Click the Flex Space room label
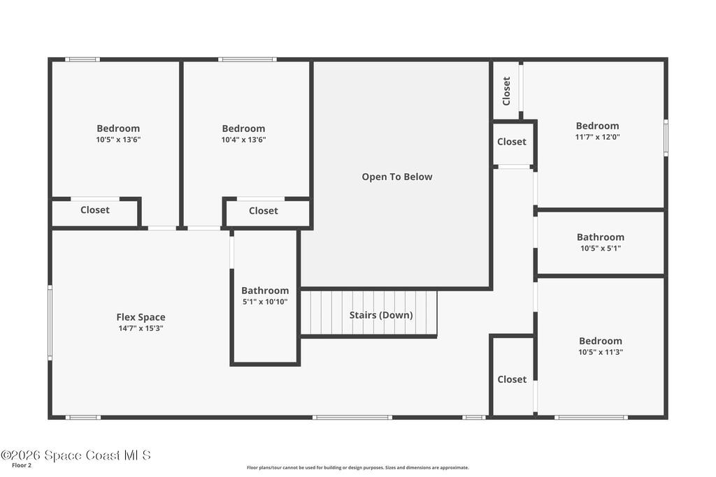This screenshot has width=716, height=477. click(x=141, y=317)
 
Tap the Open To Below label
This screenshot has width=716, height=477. click(x=397, y=177)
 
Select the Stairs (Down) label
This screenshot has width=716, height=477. click(x=381, y=315)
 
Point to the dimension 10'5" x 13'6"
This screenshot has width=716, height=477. click(x=118, y=140)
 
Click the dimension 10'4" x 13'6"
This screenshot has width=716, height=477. click(x=243, y=140)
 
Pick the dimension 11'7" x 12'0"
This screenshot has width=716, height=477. click(x=597, y=137)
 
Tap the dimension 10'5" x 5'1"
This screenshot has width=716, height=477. click(x=601, y=248)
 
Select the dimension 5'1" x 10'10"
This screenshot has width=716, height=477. click(x=265, y=302)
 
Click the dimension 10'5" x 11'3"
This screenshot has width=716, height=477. click(x=601, y=352)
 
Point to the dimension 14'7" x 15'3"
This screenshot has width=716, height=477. click(x=141, y=328)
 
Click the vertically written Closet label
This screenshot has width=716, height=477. click(x=506, y=91)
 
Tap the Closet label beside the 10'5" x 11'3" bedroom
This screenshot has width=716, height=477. click(x=512, y=379)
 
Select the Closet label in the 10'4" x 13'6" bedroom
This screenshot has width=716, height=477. click(x=264, y=211)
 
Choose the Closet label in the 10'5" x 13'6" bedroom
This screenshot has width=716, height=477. click(x=95, y=210)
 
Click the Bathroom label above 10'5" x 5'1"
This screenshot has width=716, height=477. click(x=601, y=237)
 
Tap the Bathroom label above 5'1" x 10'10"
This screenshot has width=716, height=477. click(x=265, y=291)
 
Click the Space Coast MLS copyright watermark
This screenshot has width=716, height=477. click(x=76, y=455)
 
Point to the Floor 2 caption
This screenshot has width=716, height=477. click(x=22, y=466)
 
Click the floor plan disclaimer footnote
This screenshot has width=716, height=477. click(x=357, y=467)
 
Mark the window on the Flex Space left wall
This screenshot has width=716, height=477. click(x=50, y=323)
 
